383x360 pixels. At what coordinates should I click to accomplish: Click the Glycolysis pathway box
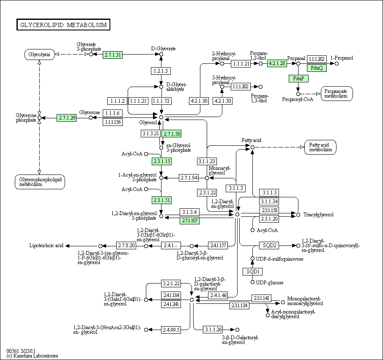(x=39, y=55)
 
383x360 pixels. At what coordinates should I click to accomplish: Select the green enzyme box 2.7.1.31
(x=112, y=55)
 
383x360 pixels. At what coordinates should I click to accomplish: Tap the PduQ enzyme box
(x=317, y=68)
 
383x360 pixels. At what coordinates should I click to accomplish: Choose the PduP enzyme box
(x=298, y=78)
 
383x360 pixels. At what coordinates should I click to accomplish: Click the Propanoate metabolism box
(x=337, y=93)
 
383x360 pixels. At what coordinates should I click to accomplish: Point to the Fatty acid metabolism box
(x=320, y=147)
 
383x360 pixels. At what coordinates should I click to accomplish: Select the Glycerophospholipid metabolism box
(x=40, y=182)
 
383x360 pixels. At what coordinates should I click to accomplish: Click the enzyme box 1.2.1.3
(x=161, y=71)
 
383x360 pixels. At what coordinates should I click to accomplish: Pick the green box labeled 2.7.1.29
(x=67, y=118)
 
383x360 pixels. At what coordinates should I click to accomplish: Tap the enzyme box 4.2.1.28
(x=277, y=63)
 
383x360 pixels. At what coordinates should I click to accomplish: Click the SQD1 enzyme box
(x=252, y=272)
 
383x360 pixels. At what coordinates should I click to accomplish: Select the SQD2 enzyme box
(x=269, y=245)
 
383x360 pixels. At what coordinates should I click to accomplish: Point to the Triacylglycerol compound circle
(x=298, y=215)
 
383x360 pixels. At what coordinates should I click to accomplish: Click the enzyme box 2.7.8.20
(x=126, y=245)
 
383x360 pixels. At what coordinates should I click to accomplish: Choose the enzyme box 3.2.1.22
(x=171, y=284)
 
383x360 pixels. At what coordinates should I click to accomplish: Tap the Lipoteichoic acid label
(x=47, y=245)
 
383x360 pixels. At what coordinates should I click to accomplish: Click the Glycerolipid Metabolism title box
(x=63, y=25)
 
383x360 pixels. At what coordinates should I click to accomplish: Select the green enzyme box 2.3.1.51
(x=162, y=200)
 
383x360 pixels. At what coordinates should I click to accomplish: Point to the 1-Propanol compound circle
(x=336, y=64)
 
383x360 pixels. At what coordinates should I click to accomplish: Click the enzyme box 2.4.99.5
(x=171, y=330)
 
